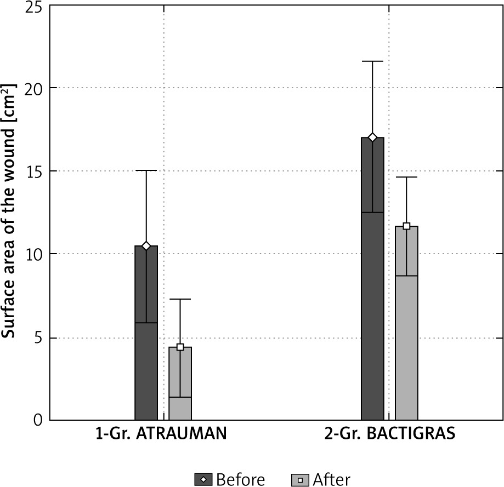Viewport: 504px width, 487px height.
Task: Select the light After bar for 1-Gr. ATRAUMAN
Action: pyautogui.click(x=180, y=389)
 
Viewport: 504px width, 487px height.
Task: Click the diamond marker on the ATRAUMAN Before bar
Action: pyautogui.click(x=146, y=246)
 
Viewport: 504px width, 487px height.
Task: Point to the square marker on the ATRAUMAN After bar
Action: pyautogui.click(x=180, y=347)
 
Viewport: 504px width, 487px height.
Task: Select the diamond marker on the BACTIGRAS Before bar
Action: pyautogui.click(x=372, y=137)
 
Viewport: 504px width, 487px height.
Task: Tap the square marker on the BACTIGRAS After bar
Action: pyautogui.click(x=406, y=226)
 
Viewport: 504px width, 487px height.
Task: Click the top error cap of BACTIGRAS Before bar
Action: pyautogui.click(x=372, y=61)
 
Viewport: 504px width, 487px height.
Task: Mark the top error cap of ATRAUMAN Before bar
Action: pyautogui.click(x=146, y=170)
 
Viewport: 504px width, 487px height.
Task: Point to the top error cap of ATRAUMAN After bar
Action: pyautogui.click(x=180, y=299)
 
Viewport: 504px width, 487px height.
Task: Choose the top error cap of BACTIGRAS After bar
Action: pyautogui.click(x=406, y=177)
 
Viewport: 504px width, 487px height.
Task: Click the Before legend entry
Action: pyautogui.click(x=230, y=480)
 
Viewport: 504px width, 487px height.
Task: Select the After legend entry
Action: pyautogui.click(x=321, y=480)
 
